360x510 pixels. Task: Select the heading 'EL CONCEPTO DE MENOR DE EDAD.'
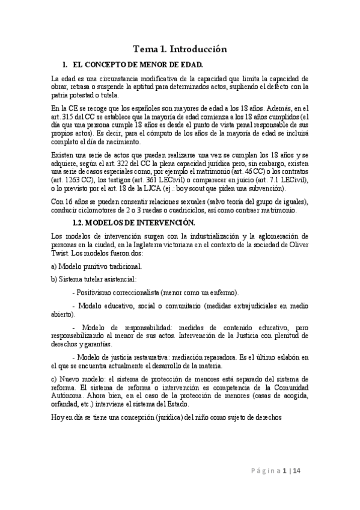(x=138, y=64)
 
